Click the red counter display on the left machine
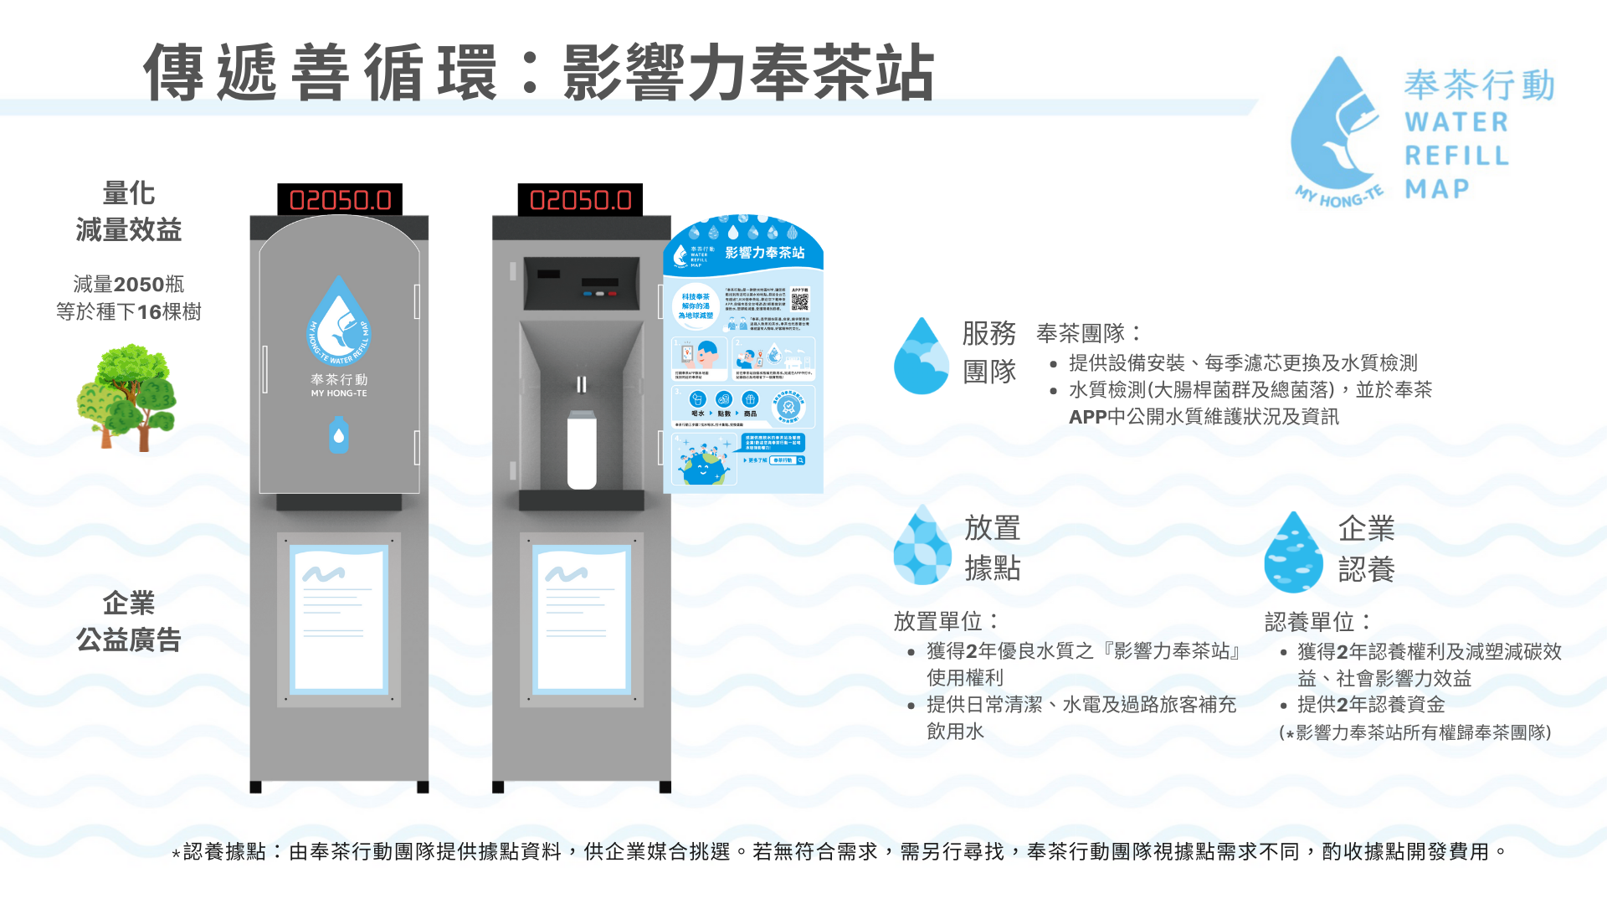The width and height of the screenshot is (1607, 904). pyautogui.click(x=340, y=200)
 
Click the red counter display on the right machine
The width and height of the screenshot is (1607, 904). pyautogui.click(x=580, y=200)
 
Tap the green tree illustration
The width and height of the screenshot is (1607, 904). pyautogui.click(x=127, y=398)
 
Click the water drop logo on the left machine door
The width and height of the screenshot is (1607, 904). pyautogui.click(x=338, y=321)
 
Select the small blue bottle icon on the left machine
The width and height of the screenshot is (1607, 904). pyautogui.click(x=338, y=435)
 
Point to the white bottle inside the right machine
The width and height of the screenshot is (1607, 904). pyautogui.click(x=582, y=449)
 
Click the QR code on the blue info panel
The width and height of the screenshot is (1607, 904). pyautogui.click(x=799, y=300)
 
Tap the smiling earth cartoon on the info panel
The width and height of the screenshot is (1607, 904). pyautogui.click(x=701, y=465)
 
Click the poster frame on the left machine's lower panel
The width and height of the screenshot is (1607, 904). pyautogui.click(x=339, y=619)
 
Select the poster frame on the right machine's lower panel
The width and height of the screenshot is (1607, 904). pyautogui.click(x=582, y=619)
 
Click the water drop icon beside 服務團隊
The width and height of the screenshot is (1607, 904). pyautogui.click(x=921, y=357)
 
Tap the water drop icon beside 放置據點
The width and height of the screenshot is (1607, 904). pyautogui.click(x=922, y=545)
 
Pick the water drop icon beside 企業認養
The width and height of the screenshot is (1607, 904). pyautogui.click(x=1293, y=552)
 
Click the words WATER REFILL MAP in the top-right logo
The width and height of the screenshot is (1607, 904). pyautogui.click(x=1456, y=156)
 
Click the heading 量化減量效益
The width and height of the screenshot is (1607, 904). pyautogui.click(x=129, y=211)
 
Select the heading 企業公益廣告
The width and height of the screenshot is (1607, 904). pyautogui.click(x=129, y=621)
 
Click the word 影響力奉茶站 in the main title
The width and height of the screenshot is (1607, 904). pyautogui.click(x=748, y=74)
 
